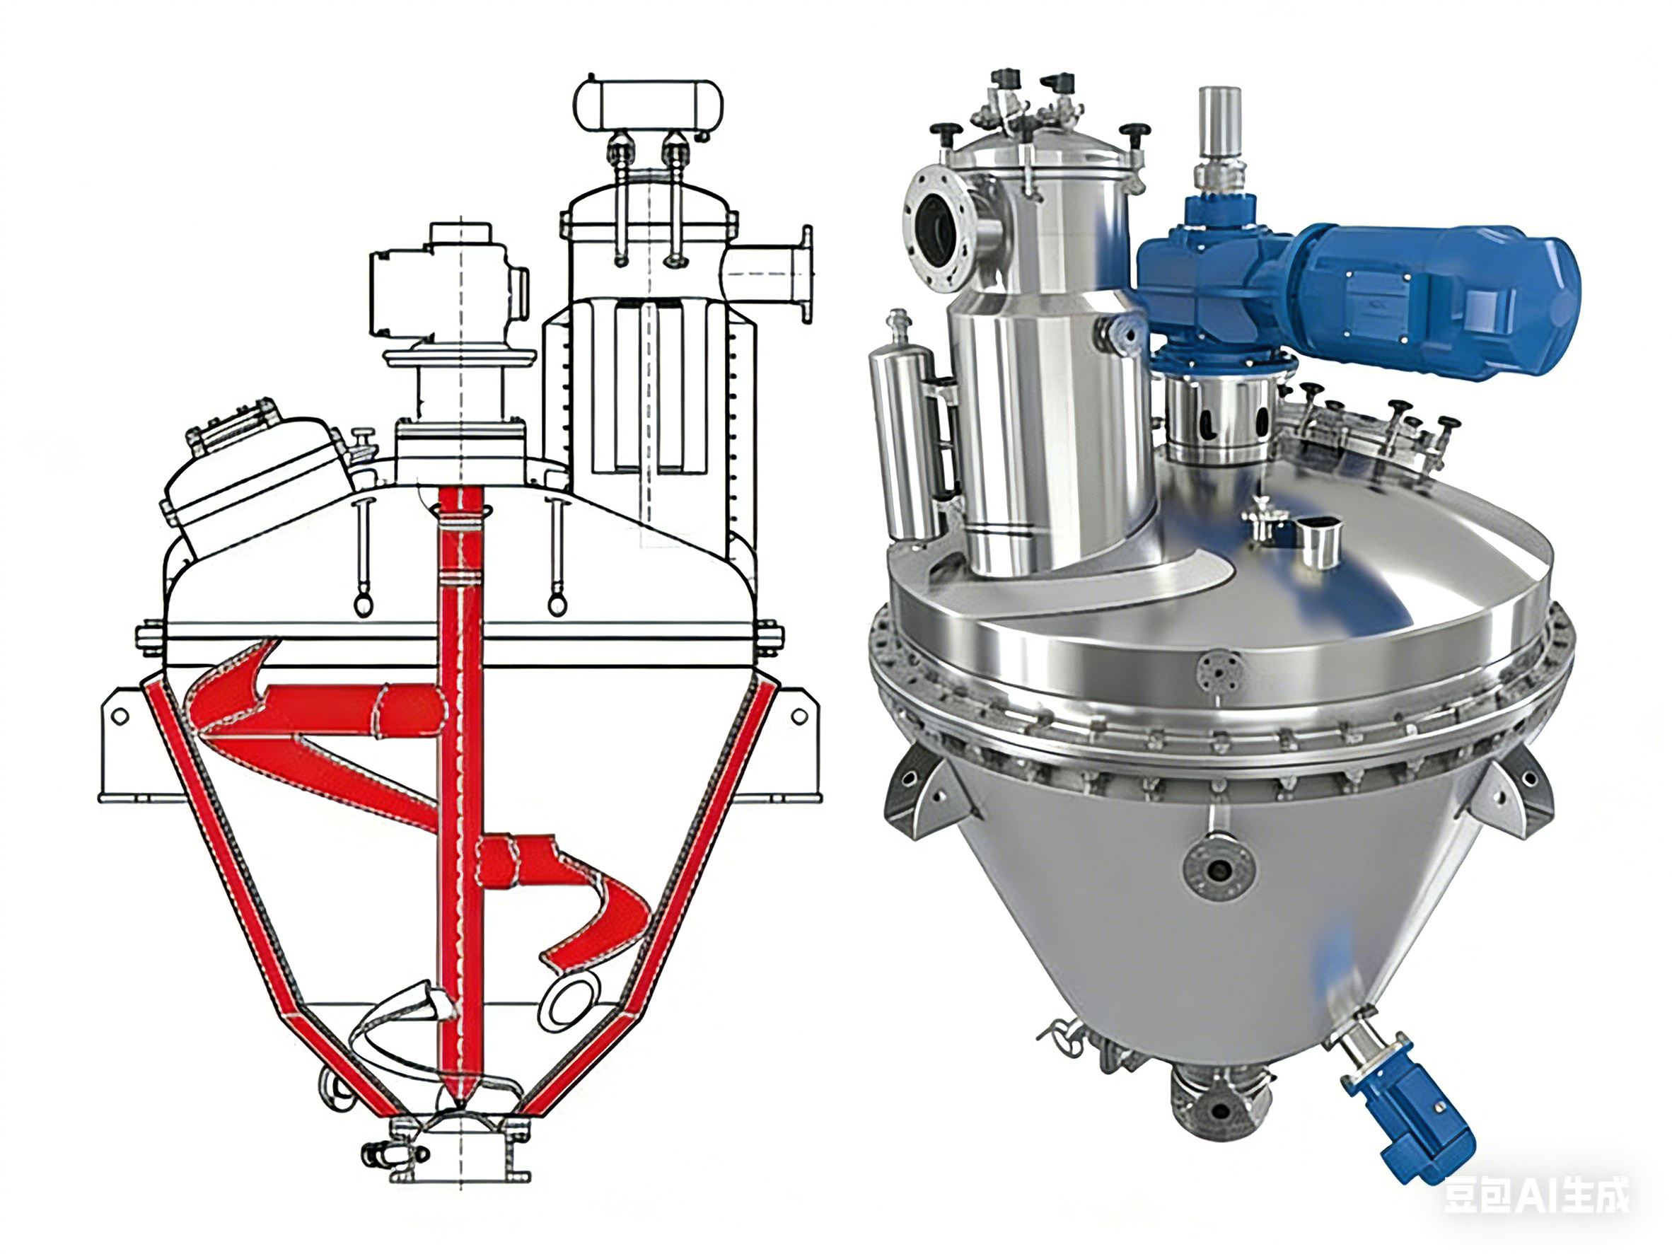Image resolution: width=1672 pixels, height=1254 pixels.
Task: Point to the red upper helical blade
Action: pyautogui.click(x=318, y=718)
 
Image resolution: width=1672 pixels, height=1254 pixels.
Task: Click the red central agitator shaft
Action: pyautogui.click(x=461, y=794)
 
